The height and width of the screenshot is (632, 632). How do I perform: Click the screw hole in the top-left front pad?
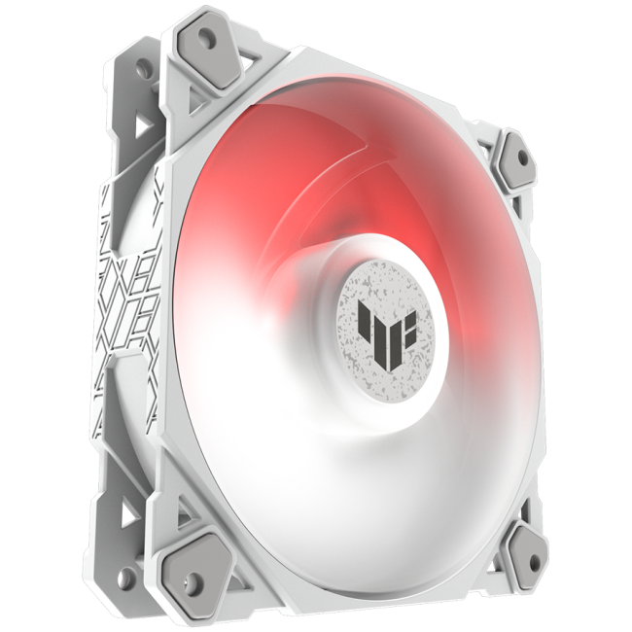(x=208, y=36)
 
